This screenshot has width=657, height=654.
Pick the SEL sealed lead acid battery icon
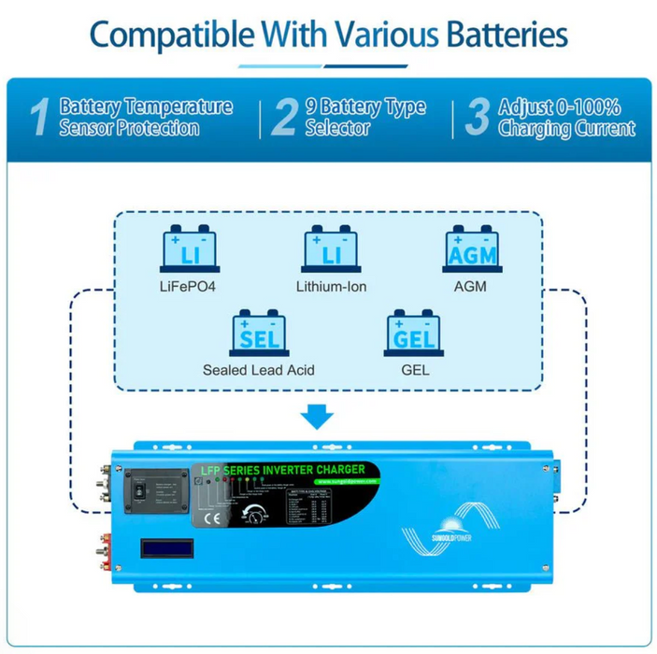259,332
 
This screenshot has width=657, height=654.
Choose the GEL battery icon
414,332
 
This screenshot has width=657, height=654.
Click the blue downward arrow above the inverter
320,414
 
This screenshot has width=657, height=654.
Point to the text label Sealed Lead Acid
259,370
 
